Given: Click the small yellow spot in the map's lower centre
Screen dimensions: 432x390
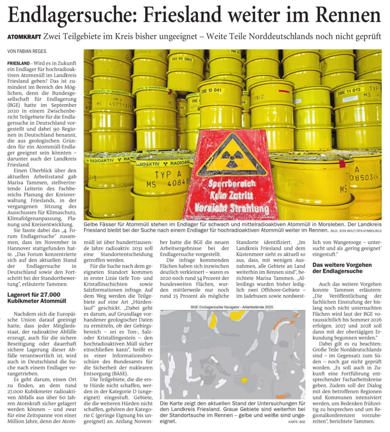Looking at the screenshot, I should pos(244,380).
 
